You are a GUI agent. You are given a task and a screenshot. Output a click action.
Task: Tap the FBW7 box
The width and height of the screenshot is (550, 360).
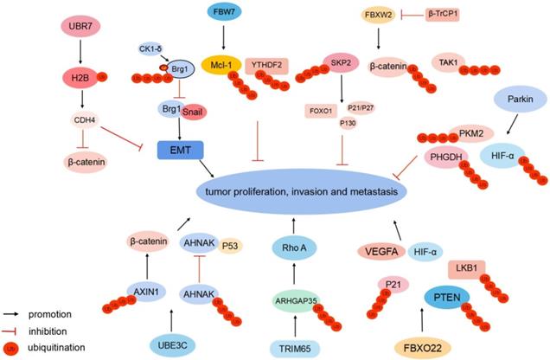(x=227, y=15)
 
